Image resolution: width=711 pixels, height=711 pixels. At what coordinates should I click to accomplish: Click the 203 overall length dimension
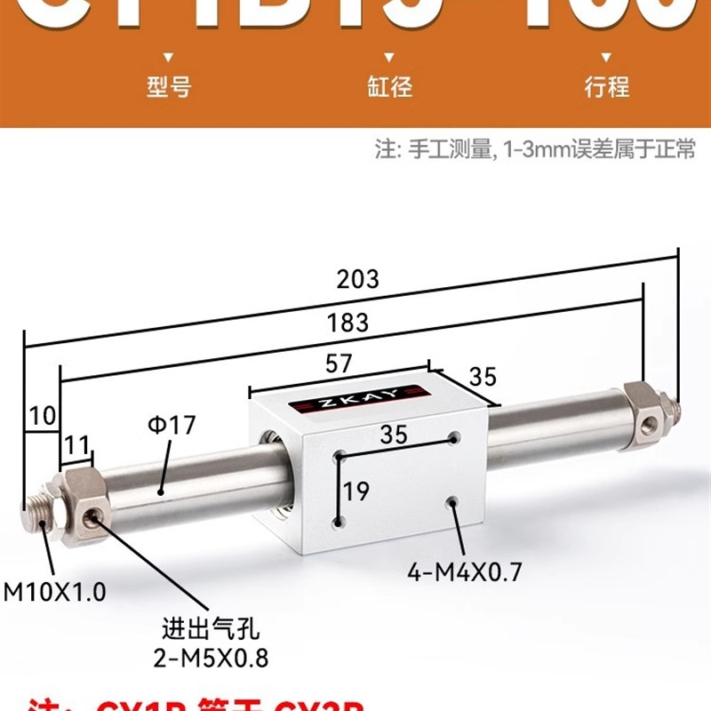click(358, 279)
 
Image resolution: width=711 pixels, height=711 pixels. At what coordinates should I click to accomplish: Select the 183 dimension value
click(348, 322)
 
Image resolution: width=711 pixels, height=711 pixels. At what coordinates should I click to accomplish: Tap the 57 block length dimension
click(340, 363)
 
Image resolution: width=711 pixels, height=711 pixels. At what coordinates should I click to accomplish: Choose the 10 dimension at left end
click(42, 414)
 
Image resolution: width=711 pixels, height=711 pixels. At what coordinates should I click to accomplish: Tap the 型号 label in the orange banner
click(169, 87)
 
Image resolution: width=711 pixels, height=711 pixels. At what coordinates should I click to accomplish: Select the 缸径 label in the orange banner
click(389, 87)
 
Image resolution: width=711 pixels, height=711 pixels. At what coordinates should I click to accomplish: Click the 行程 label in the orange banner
click(607, 87)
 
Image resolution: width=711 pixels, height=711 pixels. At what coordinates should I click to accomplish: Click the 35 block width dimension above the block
click(483, 377)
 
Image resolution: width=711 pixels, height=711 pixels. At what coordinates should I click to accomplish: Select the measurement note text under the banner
click(535, 149)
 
